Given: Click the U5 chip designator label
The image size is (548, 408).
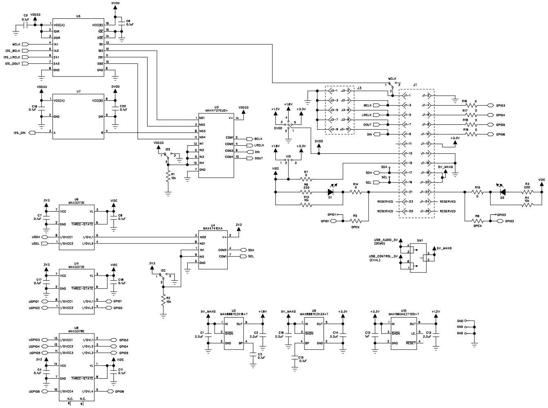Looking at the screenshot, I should [x=78, y=16].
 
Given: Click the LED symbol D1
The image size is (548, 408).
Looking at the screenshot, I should [x=331, y=192].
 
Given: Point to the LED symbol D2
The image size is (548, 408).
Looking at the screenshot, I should [x=503, y=192].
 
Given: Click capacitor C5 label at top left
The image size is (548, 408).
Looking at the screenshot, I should [x=25, y=16].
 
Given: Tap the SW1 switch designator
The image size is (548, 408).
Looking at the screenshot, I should [x=420, y=241].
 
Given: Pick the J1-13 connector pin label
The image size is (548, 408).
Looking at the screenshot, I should [x=407, y=153].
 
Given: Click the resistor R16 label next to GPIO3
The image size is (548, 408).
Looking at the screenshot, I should [x=465, y=101].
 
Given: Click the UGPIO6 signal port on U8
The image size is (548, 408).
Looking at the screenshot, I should [x=34, y=392].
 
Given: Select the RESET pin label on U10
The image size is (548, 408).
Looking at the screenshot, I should [x=411, y=343].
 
